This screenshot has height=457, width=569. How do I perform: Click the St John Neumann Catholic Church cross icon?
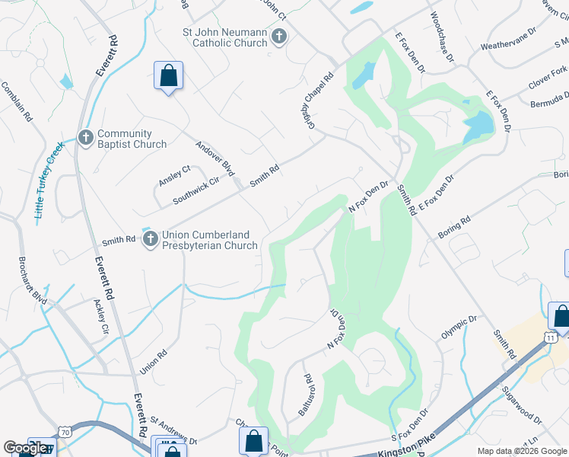[x=279, y=36]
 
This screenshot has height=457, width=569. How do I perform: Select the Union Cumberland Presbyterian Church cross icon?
[x=150, y=239]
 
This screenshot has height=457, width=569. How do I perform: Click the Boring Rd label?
[x=454, y=228]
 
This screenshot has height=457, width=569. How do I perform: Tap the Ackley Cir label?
[x=100, y=318]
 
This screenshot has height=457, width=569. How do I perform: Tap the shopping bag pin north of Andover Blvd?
[x=168, y=76]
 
